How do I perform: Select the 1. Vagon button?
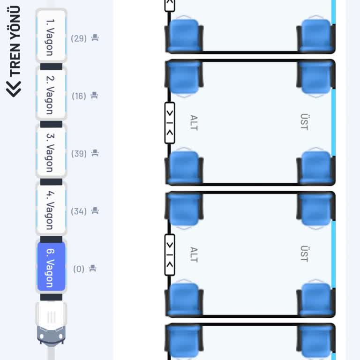click(x=51, y=36)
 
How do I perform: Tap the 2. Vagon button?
click(x=51, y=94)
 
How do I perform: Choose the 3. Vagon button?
click(x=51, y=151)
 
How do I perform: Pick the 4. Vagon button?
click(x=51, y=209)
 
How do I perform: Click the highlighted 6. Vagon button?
click(x=51, y=267)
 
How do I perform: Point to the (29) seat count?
click(x=79, y=38)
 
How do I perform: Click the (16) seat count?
click(x=79, y=96)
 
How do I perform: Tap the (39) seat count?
click(x=79, y=154)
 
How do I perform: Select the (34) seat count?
click(x=79, y=211)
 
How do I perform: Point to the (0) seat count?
click(x=79, y=269)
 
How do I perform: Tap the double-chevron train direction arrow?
click(x=14, y=89)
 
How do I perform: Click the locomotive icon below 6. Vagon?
click(x=51, y=324)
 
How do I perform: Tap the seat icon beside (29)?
click(x=95, y=37)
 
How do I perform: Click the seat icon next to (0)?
click(x=93, y=268)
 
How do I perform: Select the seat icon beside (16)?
click(x=94, y=95)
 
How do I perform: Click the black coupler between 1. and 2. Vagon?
click(x=51, y=67)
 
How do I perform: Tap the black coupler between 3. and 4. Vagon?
click(x=51, y=182)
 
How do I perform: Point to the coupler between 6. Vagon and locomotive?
click(x=51, y=297)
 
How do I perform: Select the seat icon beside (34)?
click(x=95, y=210)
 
